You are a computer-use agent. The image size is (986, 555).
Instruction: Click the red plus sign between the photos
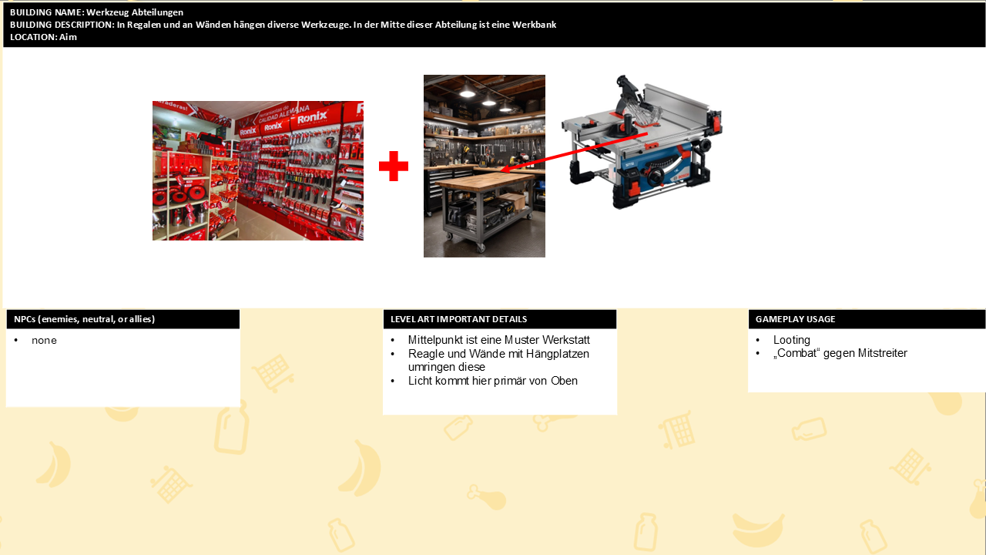point(394,166)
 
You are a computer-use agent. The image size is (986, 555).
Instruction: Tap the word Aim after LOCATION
point(68,37)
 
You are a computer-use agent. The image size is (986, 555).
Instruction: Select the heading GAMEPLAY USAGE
point(796,319)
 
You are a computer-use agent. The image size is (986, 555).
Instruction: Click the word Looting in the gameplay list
point(791,340)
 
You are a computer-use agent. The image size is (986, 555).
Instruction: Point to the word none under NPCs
point(44,341)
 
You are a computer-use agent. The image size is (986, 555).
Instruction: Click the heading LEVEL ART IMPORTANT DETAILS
point(458,319)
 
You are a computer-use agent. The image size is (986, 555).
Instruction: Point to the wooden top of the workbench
point(484,180)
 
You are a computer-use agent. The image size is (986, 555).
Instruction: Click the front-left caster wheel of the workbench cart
point(451,236)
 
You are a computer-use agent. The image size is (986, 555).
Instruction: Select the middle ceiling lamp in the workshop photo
point(488,101)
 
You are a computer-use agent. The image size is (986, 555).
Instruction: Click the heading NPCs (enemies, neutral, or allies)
point(84,319)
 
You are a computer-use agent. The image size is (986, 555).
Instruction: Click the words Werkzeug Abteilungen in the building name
point(135,12)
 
